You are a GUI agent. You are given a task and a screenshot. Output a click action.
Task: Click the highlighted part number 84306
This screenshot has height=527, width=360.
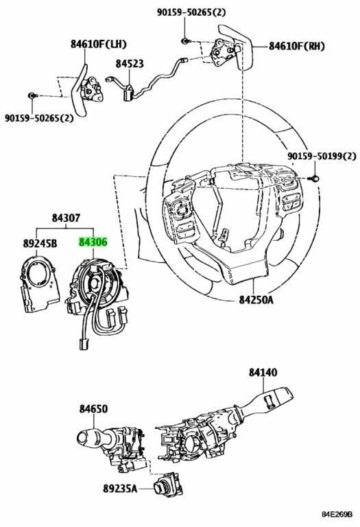93,242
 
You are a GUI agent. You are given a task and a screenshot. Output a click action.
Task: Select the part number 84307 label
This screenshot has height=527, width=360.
66,219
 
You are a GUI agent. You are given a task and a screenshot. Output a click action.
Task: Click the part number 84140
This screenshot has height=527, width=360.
264,372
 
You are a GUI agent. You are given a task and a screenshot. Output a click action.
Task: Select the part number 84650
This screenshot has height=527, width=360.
93,408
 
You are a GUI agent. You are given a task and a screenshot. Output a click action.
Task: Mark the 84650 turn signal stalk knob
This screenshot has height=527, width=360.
88,436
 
